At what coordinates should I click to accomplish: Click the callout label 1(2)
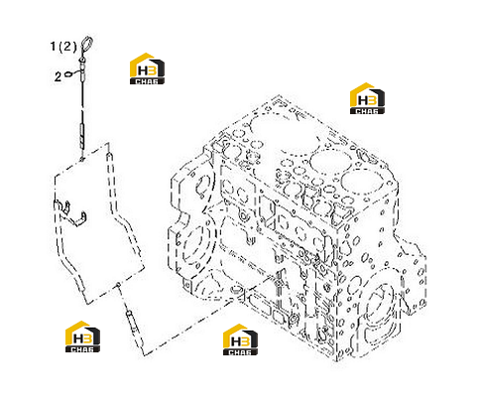click(63, 47)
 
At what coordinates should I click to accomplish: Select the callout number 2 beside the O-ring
click(58, 77)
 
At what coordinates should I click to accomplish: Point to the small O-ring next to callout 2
click(68, 73)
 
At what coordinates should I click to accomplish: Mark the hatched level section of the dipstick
click(82, 135)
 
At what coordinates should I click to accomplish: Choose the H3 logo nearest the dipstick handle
click(147, 68)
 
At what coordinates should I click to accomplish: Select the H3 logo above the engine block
click(367, 98)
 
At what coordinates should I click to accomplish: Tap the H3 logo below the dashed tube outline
click(82, 337)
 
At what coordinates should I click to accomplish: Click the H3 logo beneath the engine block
click(240, 339)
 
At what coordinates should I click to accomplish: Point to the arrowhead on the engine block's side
click(205, 210)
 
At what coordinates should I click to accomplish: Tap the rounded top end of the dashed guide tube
click(109, 155)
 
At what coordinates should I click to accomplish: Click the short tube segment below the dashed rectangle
click(133, 321)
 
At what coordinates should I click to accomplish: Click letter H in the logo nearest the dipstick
click(143, 70)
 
